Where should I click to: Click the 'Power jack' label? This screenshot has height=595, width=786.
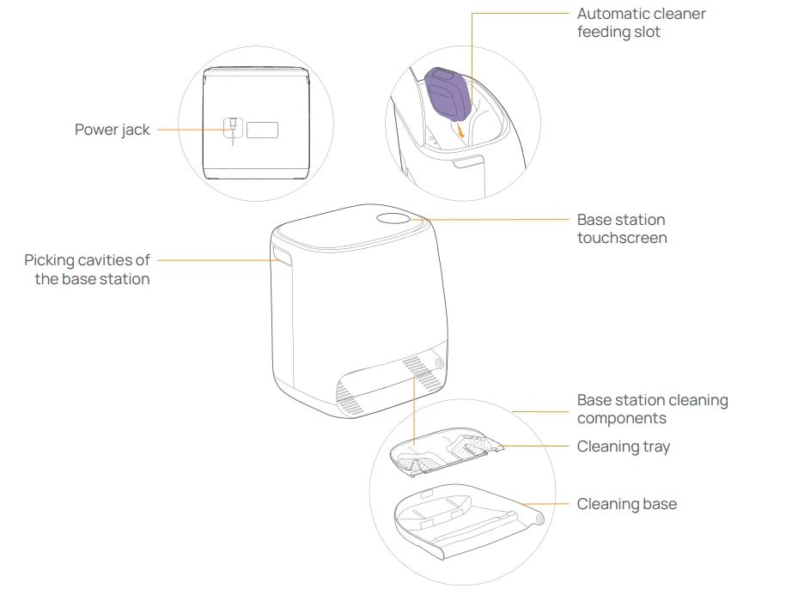tap(112, 130)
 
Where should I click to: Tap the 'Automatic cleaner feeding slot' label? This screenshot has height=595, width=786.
tap(641, 23)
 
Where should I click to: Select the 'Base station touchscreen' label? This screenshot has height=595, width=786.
tap(621, 228)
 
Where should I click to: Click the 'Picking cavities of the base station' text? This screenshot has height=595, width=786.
tap(87, 269)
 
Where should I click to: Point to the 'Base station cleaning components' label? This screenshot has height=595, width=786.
tap(652, 409)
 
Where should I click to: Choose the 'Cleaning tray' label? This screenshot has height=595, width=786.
tap(623, 446)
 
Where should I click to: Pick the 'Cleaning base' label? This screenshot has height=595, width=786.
tap(626, 504)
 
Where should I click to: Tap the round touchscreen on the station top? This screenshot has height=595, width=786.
tap(394, 218)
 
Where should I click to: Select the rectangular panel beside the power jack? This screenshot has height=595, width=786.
tap(263, 130)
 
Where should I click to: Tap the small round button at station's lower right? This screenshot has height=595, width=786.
tap(441, 363)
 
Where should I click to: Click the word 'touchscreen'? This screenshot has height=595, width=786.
tap(621, 238)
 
